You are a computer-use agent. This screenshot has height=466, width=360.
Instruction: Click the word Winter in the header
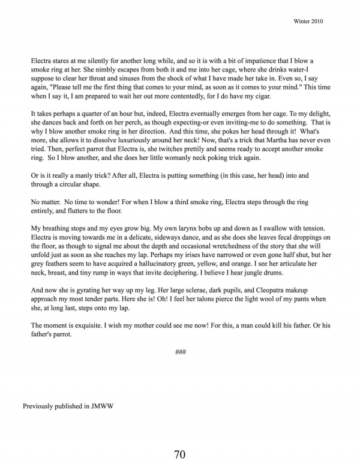304,21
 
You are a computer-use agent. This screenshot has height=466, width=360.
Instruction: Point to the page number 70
179,455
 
